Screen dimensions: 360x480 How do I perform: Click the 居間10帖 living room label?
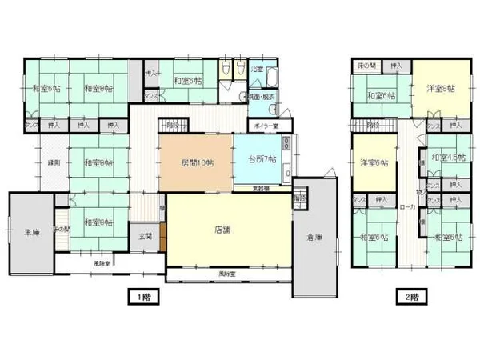pos(196,163)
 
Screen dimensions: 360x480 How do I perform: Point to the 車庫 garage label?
pos(31,233)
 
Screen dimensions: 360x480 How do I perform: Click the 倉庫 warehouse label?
pos(314,237)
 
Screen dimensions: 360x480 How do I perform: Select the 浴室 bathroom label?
pos(258,70)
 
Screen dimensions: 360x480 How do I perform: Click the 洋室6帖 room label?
pos(374,163)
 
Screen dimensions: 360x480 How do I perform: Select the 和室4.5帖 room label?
pos(442,158)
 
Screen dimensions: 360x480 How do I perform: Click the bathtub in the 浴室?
pos(269,78)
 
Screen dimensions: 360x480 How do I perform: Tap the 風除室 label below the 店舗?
pos(227,274)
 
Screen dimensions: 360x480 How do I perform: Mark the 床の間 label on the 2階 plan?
pos(365,65)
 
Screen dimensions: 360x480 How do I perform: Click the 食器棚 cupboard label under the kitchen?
pos(262,188)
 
